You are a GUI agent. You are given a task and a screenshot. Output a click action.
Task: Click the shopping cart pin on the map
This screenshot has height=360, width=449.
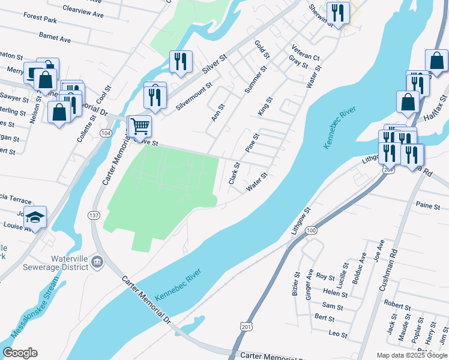139,127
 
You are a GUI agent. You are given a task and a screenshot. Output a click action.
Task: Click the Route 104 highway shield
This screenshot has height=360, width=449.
106,133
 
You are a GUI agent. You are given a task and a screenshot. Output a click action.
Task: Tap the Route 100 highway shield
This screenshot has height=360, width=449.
310,230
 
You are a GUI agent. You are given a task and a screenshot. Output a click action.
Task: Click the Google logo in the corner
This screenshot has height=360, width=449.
20,353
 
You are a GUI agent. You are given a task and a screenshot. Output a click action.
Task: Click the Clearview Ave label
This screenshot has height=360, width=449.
84,10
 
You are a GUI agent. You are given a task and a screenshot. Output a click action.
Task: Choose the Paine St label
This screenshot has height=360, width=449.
428,206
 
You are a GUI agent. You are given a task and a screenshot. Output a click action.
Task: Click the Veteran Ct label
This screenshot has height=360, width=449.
306,52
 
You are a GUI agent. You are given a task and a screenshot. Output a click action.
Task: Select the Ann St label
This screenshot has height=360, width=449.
218,112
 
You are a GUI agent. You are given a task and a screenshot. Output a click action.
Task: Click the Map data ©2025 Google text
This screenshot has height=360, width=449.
412,355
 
